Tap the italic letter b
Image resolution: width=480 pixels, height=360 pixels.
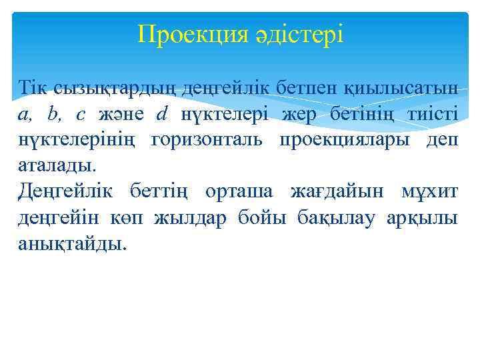53,114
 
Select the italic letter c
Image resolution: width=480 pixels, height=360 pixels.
81,114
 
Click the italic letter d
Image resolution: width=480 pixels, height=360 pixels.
162,114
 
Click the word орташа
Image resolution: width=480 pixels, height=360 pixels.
239,192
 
